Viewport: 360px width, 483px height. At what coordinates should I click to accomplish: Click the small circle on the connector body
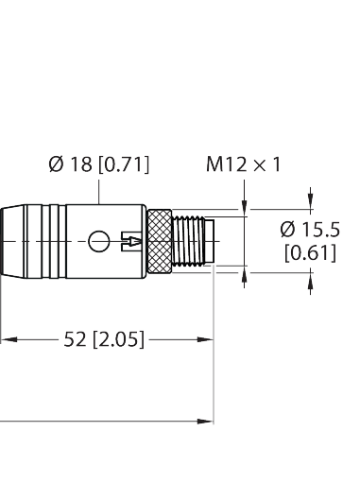(94, 243)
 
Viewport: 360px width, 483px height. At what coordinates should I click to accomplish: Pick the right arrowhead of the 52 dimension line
(206, 337)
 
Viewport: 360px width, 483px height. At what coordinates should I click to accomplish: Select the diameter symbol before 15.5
(289, 230)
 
